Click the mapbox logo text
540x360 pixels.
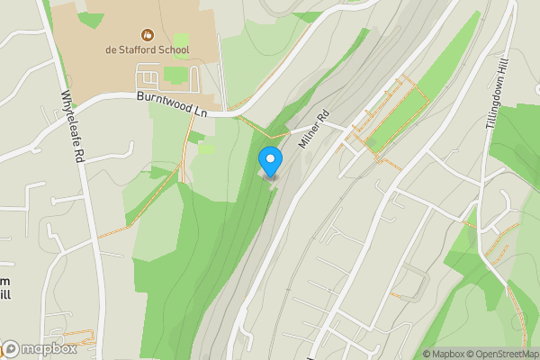pos(44,349)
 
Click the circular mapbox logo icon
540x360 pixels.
pos(10,349)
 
